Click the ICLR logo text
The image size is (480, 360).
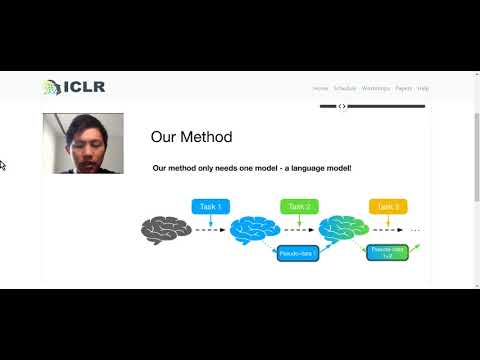click(84, 87)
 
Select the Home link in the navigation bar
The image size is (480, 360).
click(320, 88)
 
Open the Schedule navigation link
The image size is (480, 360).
click(344, 88)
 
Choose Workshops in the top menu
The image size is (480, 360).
click(375, 88)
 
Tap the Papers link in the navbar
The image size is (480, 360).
click(403, 88)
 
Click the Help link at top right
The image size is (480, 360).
click(423, 88)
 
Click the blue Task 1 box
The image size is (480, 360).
click(211, 207)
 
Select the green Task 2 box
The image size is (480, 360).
click(300, 207)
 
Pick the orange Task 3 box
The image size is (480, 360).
click(389, 207)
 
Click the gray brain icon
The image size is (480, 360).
click(165, 230)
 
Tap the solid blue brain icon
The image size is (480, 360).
click(254, 230)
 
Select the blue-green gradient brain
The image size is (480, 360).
click(343, 230)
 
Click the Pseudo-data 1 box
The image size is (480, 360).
click(297, 254)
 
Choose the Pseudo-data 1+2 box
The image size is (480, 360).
click(386, 252)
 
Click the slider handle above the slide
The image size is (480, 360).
click(342, 106)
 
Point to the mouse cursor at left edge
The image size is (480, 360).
click(3, 165)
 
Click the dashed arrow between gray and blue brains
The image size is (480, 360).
click(209, 230)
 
